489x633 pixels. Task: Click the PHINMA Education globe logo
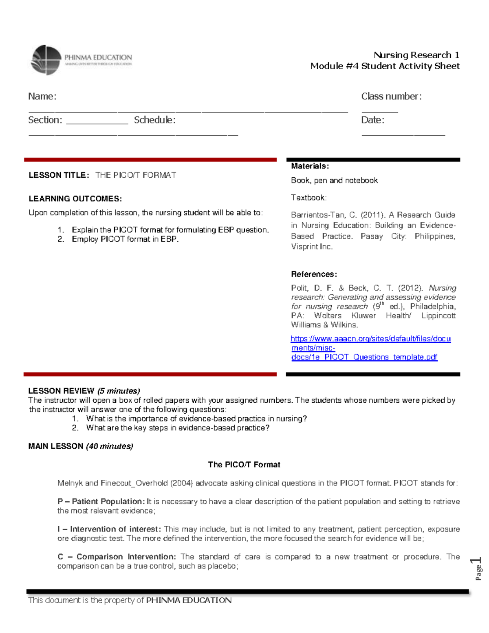pyautogui.click(x=46, y=60)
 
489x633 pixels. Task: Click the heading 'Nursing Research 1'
pyautogui.click(x=416, y=55)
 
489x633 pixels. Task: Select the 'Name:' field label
pyautogui.click(x=42, y=97)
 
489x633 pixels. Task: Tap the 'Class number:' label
pyautogui.click(x=391, y=97)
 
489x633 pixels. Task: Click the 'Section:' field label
pyautogui.click(x=45, y=120)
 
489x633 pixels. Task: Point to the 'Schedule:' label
pyautogui.click(x=154, y=120)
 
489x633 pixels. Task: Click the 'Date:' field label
pyautogui.click(x=372, y=120)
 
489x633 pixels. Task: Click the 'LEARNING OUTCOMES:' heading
pyautogui.click(x=75, y=199)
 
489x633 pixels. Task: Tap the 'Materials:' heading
pyautogui.click(x=310, y=166)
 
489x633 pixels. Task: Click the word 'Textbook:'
pyautogui.click(x=308, y=198)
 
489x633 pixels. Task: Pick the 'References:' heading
pyautogui.click(x=314, y=274)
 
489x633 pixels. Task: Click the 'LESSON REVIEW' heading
pyautogui.click(x=61, y=391)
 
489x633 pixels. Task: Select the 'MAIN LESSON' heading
pyautogui.click(x=56, y=446)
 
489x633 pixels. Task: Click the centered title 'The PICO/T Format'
pyautogui.click(x=244, y=465)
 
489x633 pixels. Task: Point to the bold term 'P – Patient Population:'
pyautogui.click(x=101, y=502)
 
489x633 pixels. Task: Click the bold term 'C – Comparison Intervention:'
pyautogui.click(x=117, y=557)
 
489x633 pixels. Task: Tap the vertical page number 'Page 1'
pyautogui.click(x=478, y=568)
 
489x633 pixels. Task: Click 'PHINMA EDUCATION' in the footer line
pyautogui.click(x=189, y=600)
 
